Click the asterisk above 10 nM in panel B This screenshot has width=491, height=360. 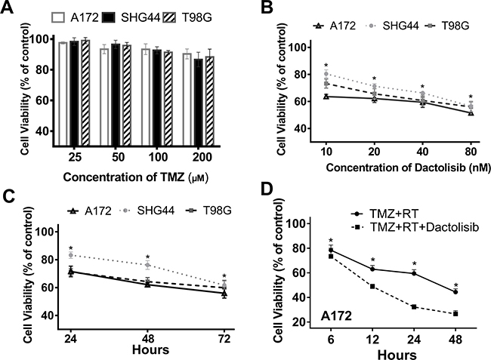point(326,66)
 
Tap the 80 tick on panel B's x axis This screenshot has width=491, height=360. point(471,148)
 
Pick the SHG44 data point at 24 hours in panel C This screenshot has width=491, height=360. point(70,255)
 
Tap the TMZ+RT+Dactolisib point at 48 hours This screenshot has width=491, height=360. point(455,313)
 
